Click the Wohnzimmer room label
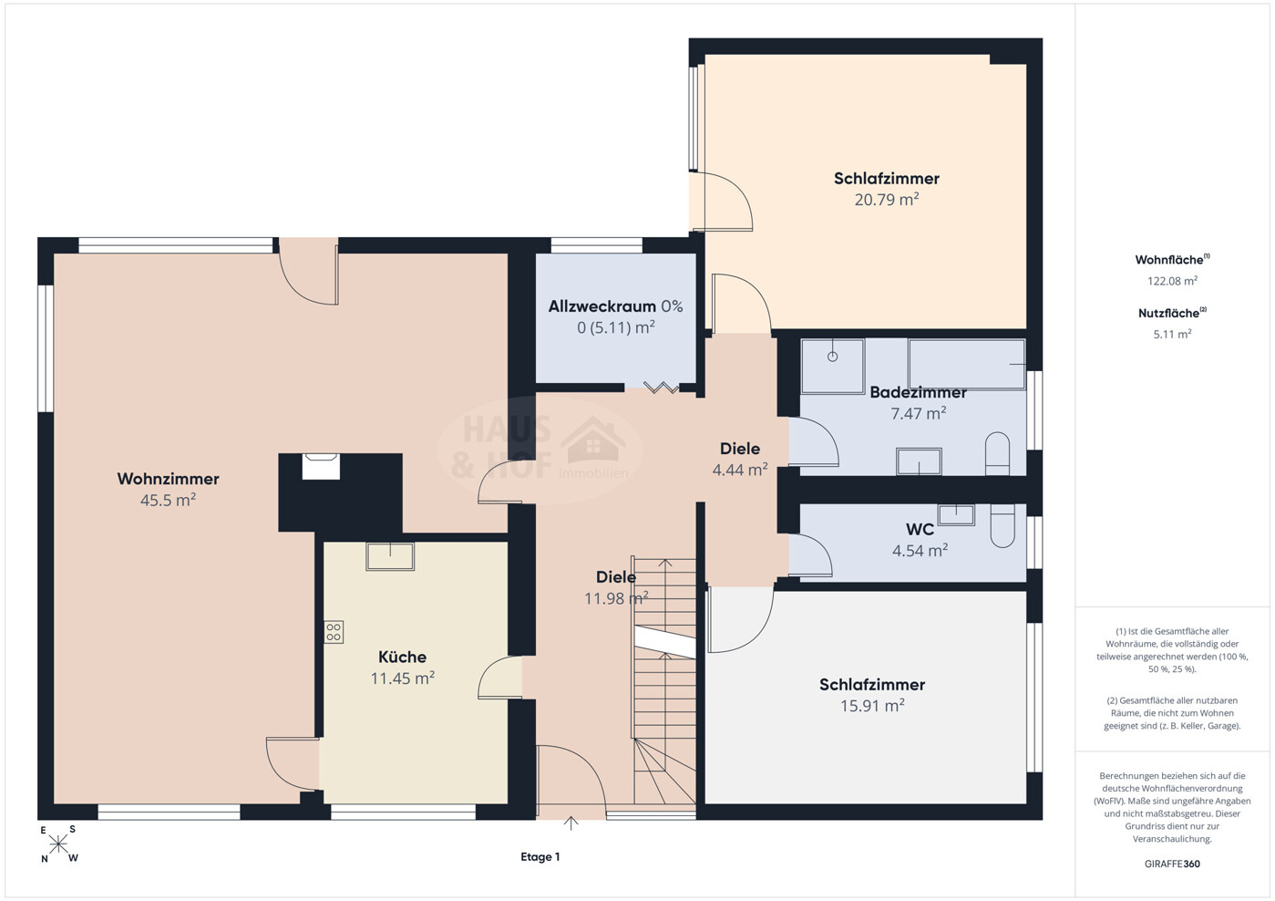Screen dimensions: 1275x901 [x=168, y=479]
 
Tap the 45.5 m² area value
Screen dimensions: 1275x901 [x=168, y=500]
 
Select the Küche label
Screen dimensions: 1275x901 [x=403, y=657]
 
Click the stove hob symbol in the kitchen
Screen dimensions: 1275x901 [x=334, y=632]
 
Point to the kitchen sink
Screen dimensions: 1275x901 [x=390, y=556]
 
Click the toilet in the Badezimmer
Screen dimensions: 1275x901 [x=997, y=453]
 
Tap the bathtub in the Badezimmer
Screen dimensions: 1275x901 [x=967, y=365]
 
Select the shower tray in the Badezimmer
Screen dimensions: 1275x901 [x=833, y=367]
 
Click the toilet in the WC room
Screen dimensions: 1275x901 [x=1003, y=525]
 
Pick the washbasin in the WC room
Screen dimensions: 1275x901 [x=956, y=515]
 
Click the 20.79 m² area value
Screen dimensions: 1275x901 [x=886, y=200]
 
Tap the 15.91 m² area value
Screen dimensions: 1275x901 [x=872, y=706]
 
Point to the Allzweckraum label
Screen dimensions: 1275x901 [x=602, y=306]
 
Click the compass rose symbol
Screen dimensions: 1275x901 [x=58, y=844]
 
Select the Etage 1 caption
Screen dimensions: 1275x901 [x=540, y=856]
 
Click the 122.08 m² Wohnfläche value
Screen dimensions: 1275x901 [x=1172, y=281]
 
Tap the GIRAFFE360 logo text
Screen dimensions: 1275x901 [x=1172, y=864]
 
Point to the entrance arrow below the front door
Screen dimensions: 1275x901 [x=571, y=823]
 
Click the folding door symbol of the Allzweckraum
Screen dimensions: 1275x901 [x=661, y=388]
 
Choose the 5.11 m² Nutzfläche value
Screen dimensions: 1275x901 [x=1172, y=335]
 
